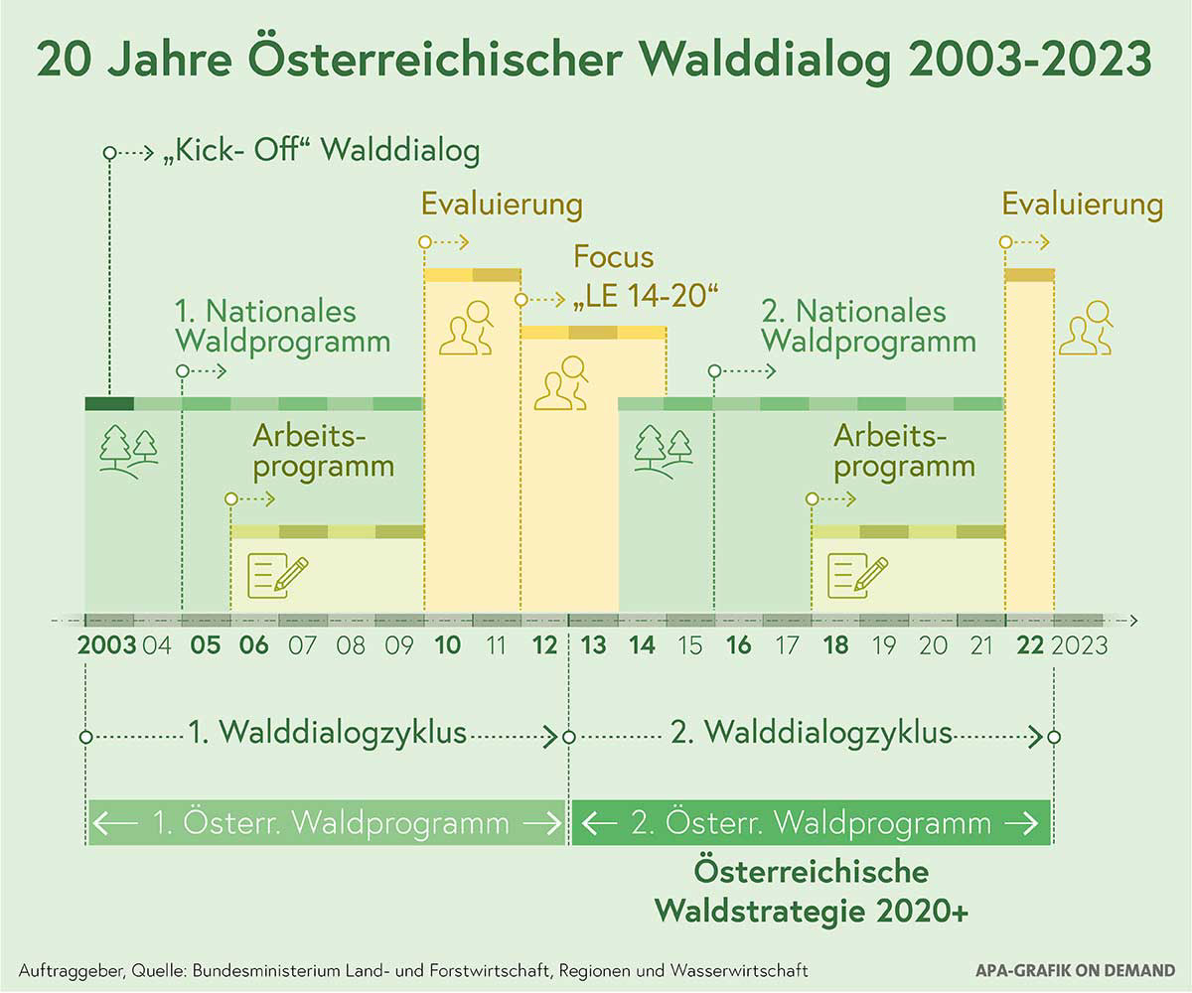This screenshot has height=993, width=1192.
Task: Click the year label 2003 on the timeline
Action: click(107, 645)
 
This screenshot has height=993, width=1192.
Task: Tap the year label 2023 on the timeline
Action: click(1080, 645)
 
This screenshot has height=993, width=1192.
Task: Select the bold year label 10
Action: click(448, 645)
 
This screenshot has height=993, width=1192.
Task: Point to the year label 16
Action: click(739, 645)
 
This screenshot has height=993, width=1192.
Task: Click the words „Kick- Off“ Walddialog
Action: click(320, 153)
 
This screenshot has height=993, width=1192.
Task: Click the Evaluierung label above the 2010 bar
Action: click(502, 205)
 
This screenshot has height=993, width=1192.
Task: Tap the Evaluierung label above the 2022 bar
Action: click(1082, 205)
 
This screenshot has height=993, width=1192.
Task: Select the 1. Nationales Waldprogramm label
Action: click(282, 327)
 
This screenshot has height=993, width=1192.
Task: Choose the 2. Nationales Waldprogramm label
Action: click(868, 327)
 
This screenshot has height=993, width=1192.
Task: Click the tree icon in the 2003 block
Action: click(128, 449)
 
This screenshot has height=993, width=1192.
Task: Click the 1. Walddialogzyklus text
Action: click(328, 735)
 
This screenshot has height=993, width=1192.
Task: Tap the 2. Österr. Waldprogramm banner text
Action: click(811, 823)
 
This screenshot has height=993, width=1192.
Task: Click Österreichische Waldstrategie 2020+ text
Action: click(811, 892)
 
